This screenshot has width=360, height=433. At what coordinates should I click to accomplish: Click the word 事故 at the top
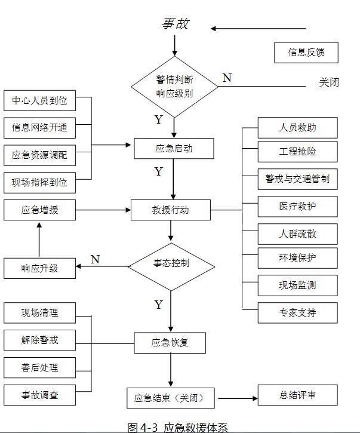176,24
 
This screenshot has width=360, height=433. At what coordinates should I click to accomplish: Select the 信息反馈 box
306,53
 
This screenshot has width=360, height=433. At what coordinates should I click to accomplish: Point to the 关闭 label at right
328,82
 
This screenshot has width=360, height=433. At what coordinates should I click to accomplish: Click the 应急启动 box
174,148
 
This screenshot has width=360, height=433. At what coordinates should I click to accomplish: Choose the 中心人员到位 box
39,100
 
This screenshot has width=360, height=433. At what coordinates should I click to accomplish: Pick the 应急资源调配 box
39,155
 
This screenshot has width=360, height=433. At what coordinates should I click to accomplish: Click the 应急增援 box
39,210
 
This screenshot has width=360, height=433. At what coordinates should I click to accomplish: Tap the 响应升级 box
39,268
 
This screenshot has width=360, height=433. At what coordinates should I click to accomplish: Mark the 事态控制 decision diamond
171,263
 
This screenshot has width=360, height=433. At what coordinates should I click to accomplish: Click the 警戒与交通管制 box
297,179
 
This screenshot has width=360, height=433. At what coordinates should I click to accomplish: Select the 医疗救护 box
297,206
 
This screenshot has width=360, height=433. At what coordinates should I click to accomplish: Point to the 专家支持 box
297,312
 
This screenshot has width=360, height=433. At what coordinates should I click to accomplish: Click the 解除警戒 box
39,340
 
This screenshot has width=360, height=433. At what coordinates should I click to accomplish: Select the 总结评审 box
297,395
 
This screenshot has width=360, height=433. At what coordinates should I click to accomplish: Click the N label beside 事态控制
95,259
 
